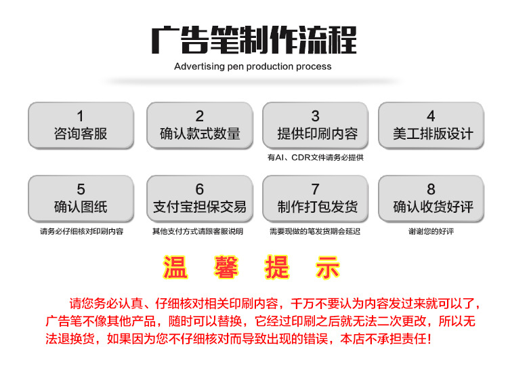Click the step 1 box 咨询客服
click(x=81, y=126)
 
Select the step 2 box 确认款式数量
click(x=200, y=126)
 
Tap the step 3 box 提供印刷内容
click(x=315, y=126)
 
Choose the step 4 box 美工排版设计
click(x=431, y=126)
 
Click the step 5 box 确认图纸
click(x=81, y=199)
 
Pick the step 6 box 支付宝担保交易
click(x=200, y=199)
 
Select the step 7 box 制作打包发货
click(x=315, y=199)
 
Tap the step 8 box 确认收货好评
click(x=431, y=199)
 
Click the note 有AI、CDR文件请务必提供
click(x=315, y=157)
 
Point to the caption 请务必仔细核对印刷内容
click(x=82, y=231)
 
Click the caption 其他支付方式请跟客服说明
click(x=198, y=231)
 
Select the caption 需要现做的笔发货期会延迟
click(x=315, y=231)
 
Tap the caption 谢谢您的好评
click(x=431, y=231)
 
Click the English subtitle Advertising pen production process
click(x=253, y=66)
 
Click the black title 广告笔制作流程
click(x=254, y=40)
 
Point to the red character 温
click(x=175, y=267)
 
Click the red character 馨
click(x=226, y=267)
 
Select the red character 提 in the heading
click(x=277, y=267)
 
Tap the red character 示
click(x=328, y=267)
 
